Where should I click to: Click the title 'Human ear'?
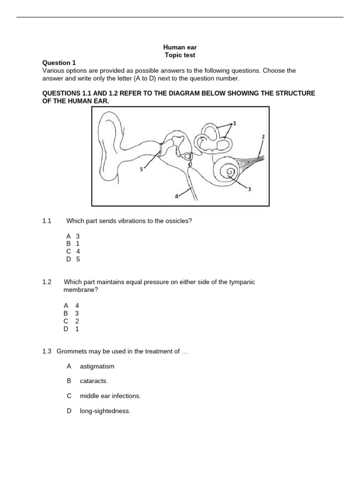pyautogui.click(x=177, y=47)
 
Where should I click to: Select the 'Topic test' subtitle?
pyautogui.click(x=177, y=55)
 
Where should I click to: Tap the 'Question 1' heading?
pyautogui.click(x=59, y=63)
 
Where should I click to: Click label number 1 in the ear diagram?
pyautogui.click(x=234, y=123)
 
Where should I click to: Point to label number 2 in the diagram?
pyautogui.click(x=262, y=136)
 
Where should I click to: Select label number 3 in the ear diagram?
pyautogui.click(x=249, y=189)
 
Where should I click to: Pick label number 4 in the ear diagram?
pyautogui.click(x=176, y=197)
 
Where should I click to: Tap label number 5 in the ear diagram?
pyautogui.click(x=141, y=169)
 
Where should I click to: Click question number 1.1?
pyautogui.click(x=46, y=221)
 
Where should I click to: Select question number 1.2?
pyautogui.click(x=46, y=282)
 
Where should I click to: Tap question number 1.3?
pyautogui.click(x=47, y=351)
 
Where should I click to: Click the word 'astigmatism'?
pyautogui.click(x=97, y=366)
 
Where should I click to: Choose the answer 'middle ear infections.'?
pyautogui.click(x=110, y=396)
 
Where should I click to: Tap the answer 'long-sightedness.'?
pyautogui.click(x=105, y=411)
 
